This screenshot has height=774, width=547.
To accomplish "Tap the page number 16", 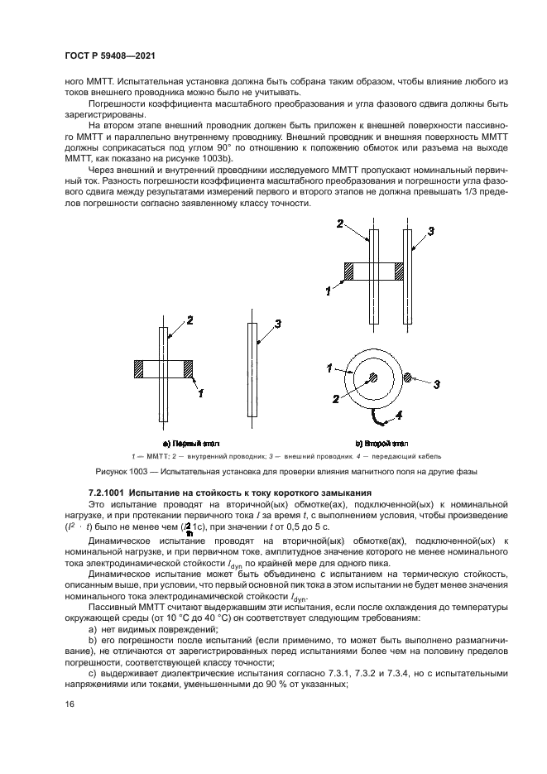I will [70, 704].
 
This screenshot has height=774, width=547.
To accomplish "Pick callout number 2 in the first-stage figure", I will [190, 320].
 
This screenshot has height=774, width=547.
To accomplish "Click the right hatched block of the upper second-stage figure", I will [399, 272].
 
